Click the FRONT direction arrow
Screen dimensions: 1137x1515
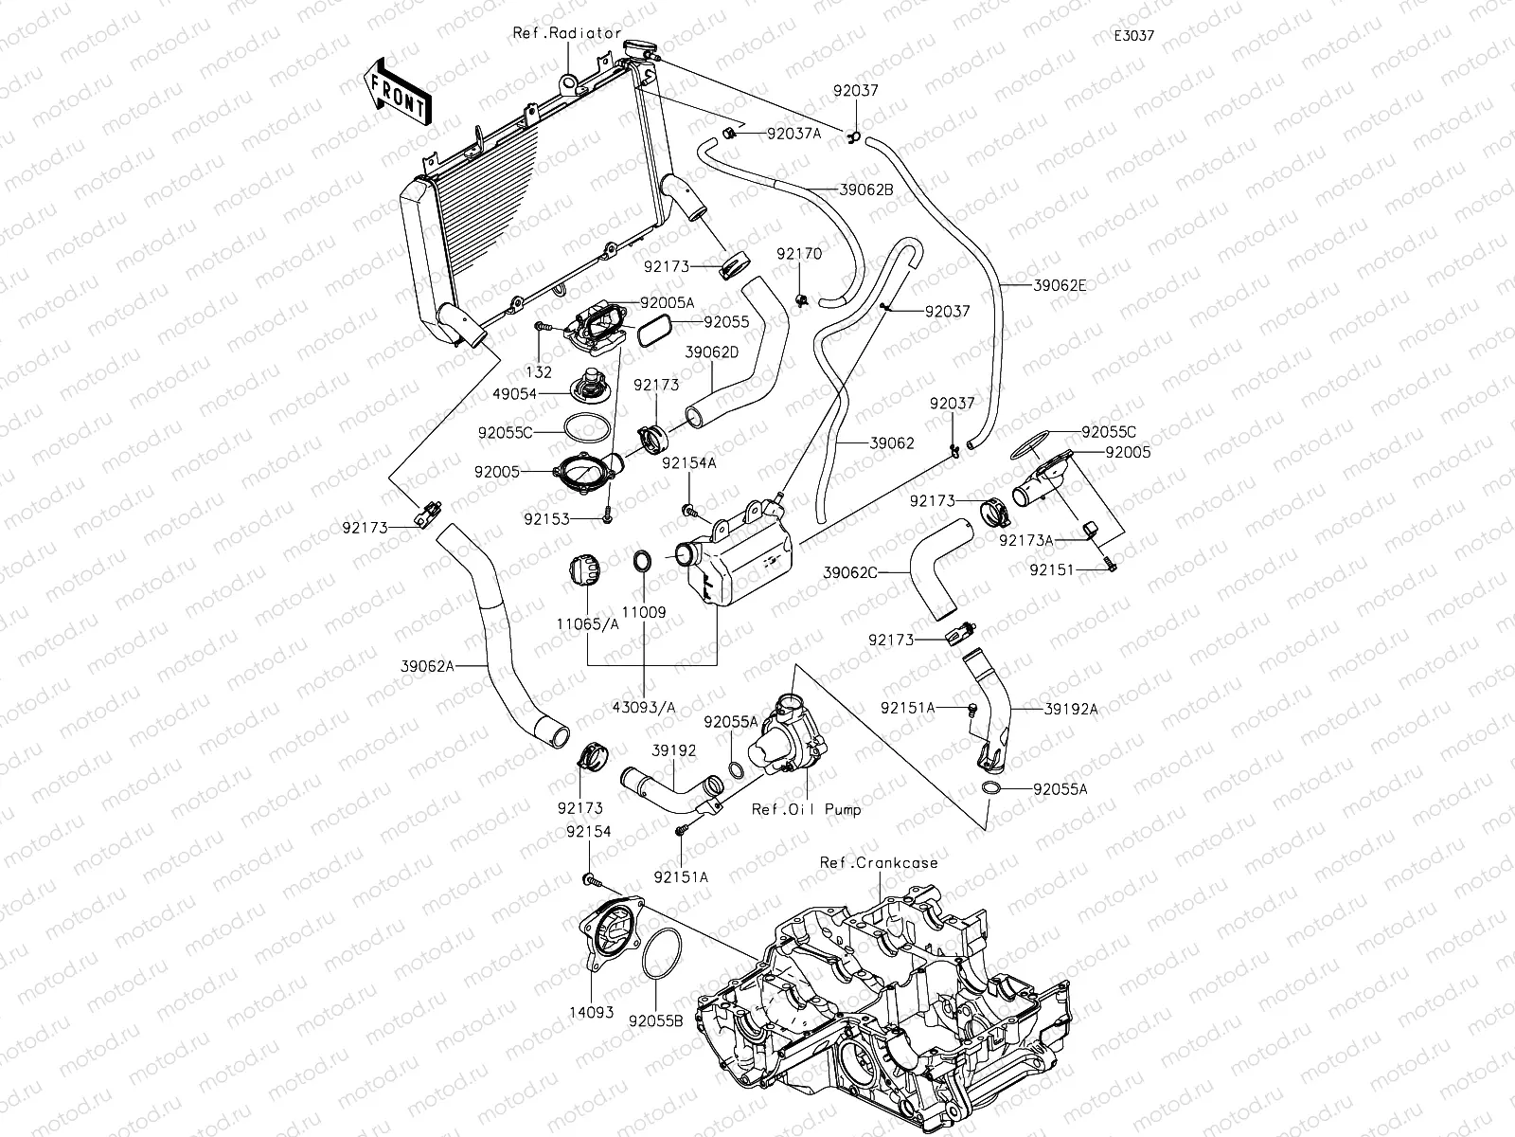point(395,92)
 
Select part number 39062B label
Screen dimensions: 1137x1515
point(866,189)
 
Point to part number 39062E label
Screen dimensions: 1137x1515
point(1060,284)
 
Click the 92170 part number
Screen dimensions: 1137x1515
point(799,255)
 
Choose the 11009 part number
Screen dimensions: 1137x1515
point(644,612)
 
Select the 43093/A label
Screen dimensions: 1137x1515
point(644,707)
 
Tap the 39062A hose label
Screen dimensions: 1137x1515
point(427,666)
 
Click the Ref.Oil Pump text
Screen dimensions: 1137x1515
point(806,810)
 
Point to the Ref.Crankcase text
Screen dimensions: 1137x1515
point(879,863)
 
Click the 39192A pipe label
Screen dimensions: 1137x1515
point(1071,708)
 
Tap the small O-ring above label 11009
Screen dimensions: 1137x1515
point(642,561)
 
